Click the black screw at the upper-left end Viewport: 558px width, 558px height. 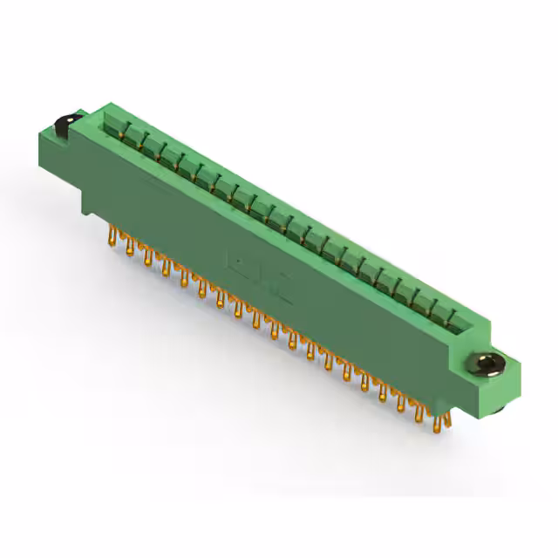pyautogui.click(x=65, y=124)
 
